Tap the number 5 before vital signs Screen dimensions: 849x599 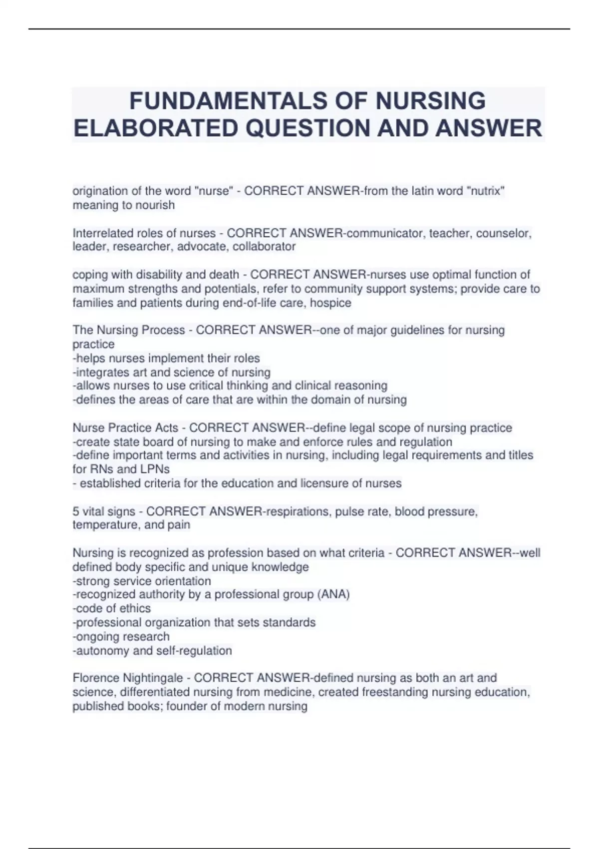(x=76, y=511)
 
